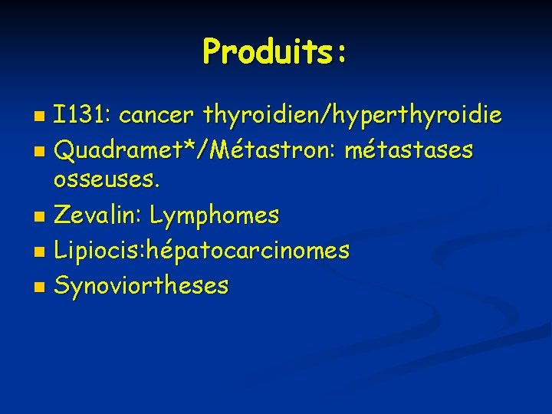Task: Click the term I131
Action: (81, 116)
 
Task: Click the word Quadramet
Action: (116, 151)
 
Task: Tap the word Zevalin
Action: (97, 215)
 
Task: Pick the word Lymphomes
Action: (215, 216)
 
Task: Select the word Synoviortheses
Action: (141, 285)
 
